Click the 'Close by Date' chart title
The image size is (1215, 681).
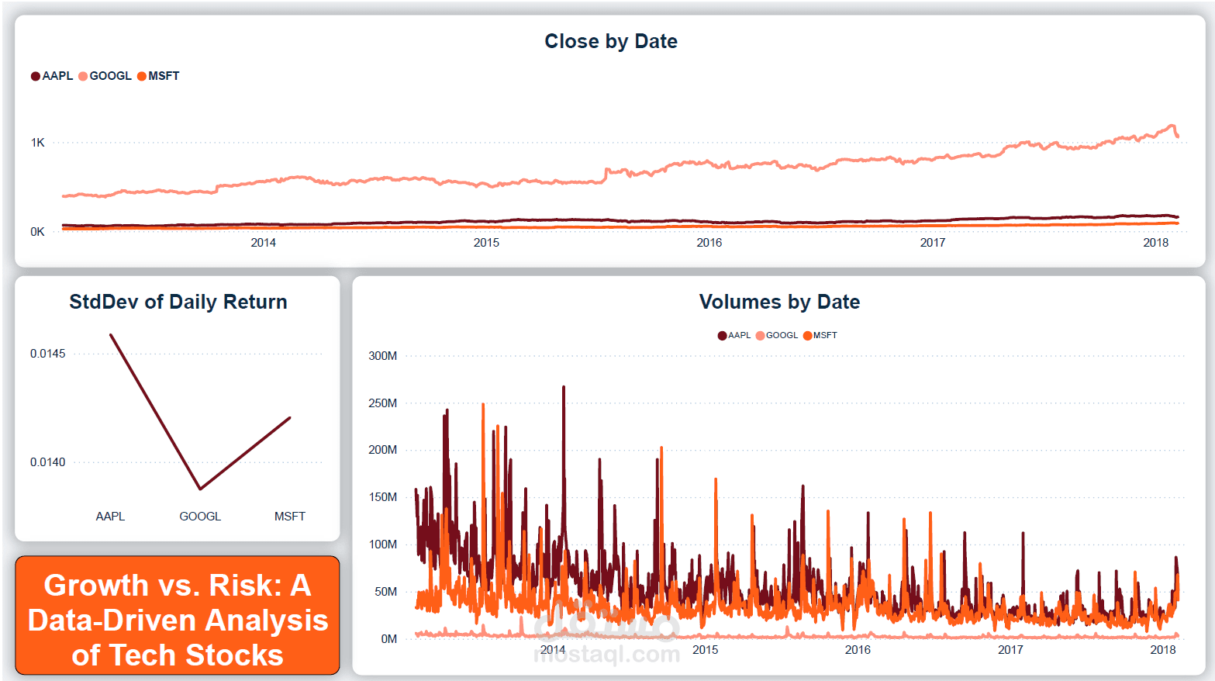[610, 41]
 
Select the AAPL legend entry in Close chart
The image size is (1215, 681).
[52, 76]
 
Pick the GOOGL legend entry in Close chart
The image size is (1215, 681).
[105, 76]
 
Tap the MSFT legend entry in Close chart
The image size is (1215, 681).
[159, 76]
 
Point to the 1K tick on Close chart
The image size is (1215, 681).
[37, 143]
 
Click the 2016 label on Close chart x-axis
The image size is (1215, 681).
[709, 243]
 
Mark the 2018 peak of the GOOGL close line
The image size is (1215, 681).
[1172, 126]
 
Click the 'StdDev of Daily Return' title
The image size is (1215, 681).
[178, 302]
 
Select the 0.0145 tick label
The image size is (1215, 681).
[47, 354]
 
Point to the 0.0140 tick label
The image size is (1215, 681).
[47, 462]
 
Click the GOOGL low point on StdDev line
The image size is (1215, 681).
[200, 489]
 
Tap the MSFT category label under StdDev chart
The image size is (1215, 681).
[289, 517]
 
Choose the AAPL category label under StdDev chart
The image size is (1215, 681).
[110, 517]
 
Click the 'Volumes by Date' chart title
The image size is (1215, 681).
[779, 302]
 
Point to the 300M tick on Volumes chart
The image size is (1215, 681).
[382, 356]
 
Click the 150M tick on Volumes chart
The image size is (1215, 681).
[382, 497]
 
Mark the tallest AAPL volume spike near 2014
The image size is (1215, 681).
[564, 387]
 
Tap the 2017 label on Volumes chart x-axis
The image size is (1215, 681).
[1010, 650]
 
